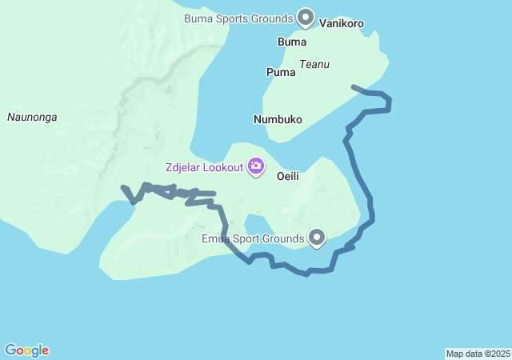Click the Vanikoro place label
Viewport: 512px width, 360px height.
click(342, 23)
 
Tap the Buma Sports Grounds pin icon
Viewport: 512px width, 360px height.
click(306, 16)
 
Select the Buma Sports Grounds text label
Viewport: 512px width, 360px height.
click(238, 17)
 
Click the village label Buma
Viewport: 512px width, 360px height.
click(291, 42)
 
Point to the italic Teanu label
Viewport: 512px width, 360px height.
click(314, 64)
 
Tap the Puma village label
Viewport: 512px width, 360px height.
click(280, 72)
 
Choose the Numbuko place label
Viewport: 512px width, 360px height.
click(278, 119)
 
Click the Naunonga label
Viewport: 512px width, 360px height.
click(32, 117)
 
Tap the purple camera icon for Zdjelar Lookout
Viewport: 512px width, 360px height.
click(256, 166)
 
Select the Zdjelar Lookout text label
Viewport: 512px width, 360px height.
click(204, 167)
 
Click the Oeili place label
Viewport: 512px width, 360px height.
click(290, 175)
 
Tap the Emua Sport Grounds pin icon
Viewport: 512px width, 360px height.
click(318, 237)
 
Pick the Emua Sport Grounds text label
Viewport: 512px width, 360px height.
click(253, 238)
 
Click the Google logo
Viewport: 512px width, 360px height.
click(26, 350)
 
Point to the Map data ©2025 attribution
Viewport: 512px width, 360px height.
click(478, 354)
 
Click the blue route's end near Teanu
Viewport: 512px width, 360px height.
click(353, 86)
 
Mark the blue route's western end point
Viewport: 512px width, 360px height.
click(122, 187)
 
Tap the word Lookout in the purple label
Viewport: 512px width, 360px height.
click(223, 167)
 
